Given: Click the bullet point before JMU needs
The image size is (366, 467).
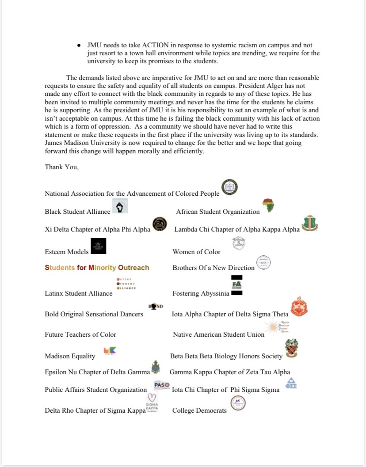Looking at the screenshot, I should [x=79, y=46].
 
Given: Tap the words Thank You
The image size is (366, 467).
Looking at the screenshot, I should [x=61, y=167].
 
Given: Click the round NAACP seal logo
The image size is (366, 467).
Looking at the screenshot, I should [x=229, y=187].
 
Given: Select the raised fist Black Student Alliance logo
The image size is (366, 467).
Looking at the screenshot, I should [x=120, y=206].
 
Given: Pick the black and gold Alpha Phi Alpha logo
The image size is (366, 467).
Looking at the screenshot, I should [x=160, y=224].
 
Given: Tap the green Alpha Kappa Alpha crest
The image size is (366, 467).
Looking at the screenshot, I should [x=309, y=224].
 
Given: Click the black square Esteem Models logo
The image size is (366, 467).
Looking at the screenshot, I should [x=98, y=246].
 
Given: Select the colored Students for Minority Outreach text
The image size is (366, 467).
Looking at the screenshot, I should [x=97, y=268].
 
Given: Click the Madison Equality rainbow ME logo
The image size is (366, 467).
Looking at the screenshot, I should [x=109, y=351].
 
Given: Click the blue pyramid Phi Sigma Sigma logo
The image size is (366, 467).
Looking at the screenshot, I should [x=291, y=383].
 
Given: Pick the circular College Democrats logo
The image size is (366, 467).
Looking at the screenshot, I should [x=238, y=403].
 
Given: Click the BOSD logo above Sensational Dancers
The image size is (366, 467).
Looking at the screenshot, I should [x=155, y=306].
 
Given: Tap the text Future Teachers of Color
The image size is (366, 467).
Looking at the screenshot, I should [x=80, y=334].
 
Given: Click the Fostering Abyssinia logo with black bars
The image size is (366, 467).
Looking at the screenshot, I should [x=236, y=285].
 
